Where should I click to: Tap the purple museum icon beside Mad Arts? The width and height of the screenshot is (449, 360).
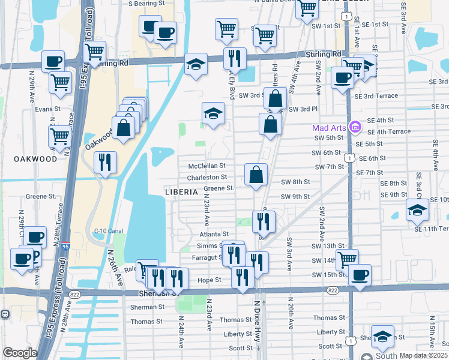[x=355, y=127]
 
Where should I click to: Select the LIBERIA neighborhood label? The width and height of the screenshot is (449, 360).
[x=181, y=192]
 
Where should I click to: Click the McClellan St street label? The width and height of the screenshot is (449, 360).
[x=206, y=166]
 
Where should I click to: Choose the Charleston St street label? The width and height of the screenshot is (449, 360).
[x=206, y=178]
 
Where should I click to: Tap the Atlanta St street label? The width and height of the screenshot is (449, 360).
[x=217, y=234]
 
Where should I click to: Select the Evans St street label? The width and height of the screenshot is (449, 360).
[x=47, y=109]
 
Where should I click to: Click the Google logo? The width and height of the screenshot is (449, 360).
[x=20, y=352]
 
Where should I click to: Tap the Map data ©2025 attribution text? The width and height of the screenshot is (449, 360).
[x=423, y=355]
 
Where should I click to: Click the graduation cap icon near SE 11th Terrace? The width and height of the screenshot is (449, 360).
[x=417, y=210]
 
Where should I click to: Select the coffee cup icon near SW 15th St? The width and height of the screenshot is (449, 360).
[x=360, y=275]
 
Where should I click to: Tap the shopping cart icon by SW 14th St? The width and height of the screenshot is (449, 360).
[x=347, y=260]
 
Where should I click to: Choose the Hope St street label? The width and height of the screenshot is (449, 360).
[x=209, y=280]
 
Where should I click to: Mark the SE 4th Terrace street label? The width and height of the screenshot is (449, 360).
[x=388, y=132]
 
